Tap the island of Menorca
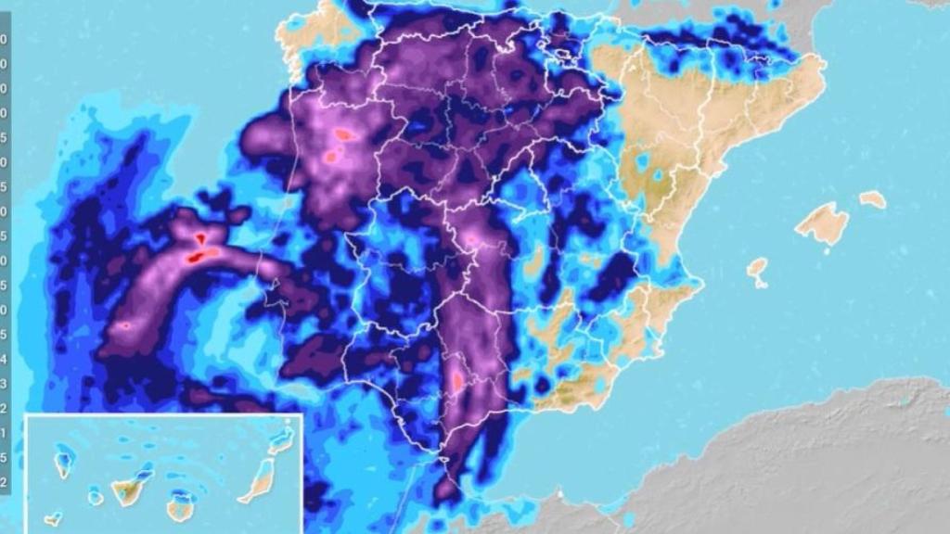pyautogui.click(x=872, y=198)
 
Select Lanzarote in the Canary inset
pyautogui.click(x=282, y=439)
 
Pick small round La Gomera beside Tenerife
pyautogui.click(x=96, y=498)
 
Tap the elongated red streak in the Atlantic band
pyautogui.click(x=205, y=253)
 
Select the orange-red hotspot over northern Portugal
pyautogui.click(x=344, y=134)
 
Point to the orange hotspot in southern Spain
pyautogui.click(x=456, y=380)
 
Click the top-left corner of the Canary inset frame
pyautogui.click(x=26, y=415)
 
